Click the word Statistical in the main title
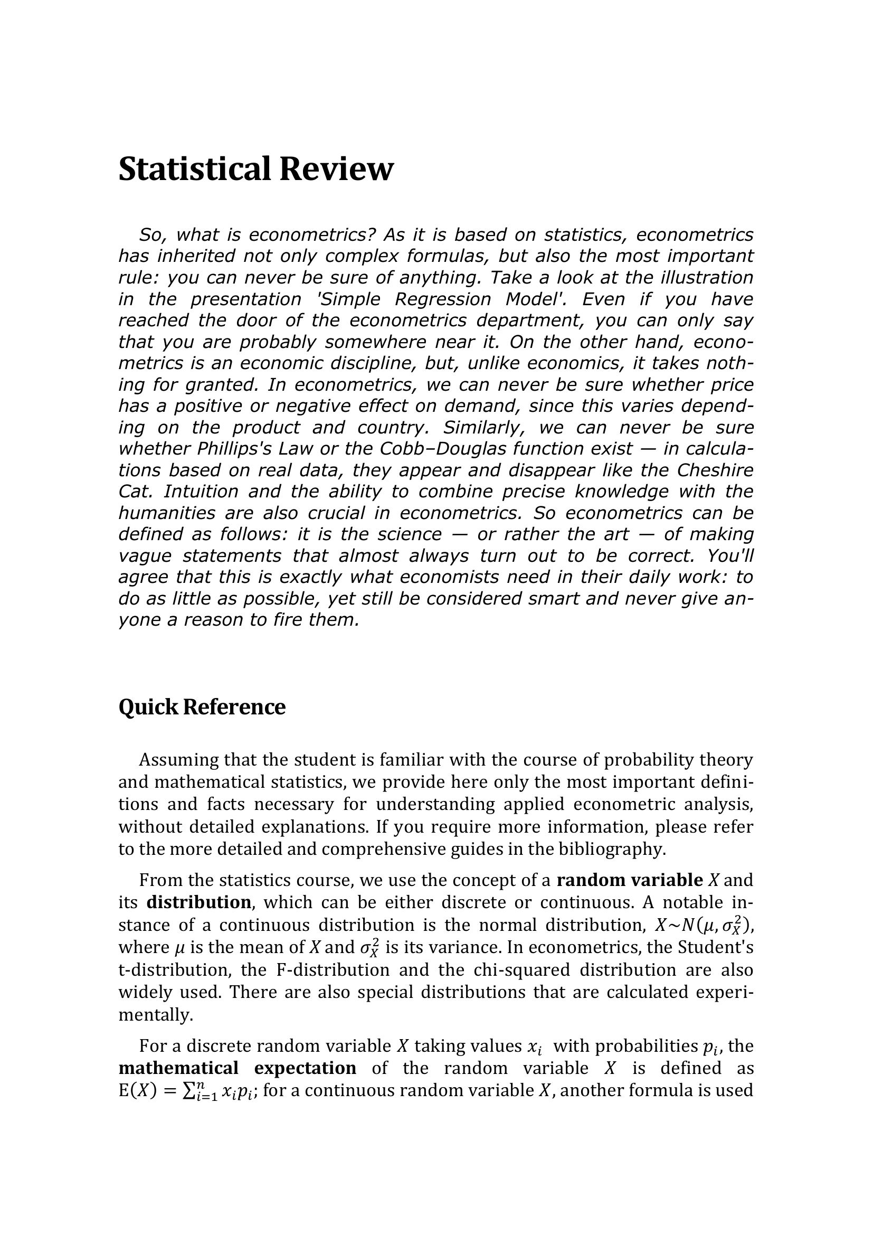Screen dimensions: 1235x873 point(194,169)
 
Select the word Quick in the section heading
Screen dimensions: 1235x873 point(147,708)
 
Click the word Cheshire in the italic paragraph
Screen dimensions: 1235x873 point(715,470)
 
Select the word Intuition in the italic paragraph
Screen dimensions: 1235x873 point(201,492)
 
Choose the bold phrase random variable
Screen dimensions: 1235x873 point(630,881)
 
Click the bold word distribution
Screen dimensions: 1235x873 point(198,902)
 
